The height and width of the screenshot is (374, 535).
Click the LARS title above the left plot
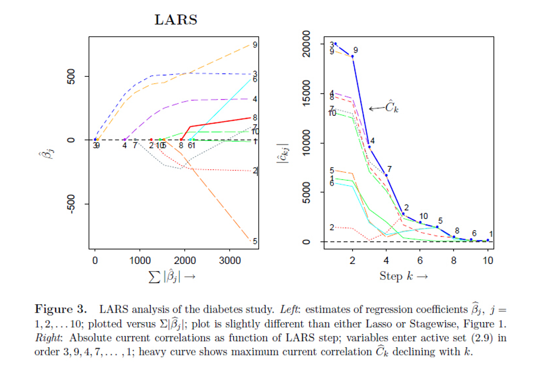(176, 20)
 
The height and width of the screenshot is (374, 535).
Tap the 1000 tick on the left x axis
(140, 260)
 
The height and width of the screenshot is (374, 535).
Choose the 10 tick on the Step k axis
(487, 260)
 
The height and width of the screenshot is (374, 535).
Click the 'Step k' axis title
(403, 276)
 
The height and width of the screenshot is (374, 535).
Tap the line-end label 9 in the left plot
(255, 45)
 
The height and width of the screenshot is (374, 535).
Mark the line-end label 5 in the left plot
(255, 241)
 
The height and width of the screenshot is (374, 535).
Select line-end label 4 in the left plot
(255, 99)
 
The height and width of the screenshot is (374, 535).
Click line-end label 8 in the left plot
(255, 117)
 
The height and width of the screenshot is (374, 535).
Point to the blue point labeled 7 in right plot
(386, 175)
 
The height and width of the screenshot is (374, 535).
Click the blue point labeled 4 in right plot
(370, 147)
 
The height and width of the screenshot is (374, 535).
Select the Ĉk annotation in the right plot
(392, 107)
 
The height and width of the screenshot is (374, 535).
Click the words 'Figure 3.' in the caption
(59, 308)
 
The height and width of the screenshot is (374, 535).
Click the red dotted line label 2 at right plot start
(332, 227)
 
